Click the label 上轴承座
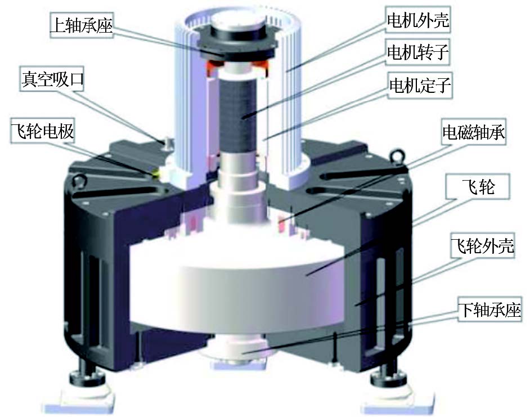coord(81,25)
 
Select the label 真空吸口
coord(52,79)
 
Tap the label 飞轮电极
coord(42,131)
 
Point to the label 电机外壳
coord(418,20)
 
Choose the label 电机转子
coord(418,52)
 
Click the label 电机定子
coord(420,85)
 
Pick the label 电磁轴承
coord(474,132)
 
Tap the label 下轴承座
coord(489,310)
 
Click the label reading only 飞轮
coord(478,186)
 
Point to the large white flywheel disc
coord(237,284)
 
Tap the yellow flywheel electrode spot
coord(156,174)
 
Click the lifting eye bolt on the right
coord(396,157)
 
